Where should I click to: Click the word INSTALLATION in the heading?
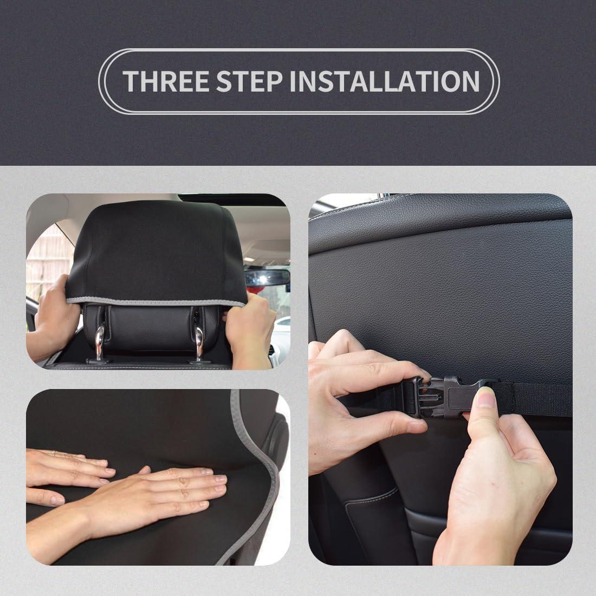[384, 81]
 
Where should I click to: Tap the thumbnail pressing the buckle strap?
[486, 400]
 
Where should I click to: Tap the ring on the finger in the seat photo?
[54, 452]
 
